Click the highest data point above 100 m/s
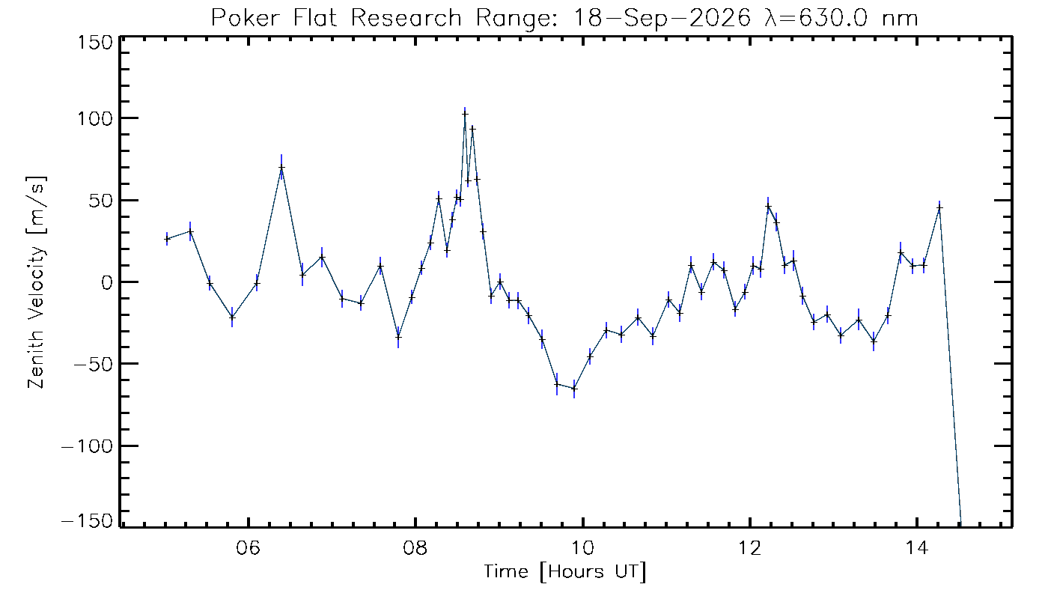[465, 114]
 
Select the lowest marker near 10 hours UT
[574, 389]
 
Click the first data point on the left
[166, 239]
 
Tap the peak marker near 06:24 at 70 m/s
[281, 167]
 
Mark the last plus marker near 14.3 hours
[939, 208]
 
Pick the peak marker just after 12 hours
[768, 206]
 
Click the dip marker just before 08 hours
[398, 336]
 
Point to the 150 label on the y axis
[95, 43]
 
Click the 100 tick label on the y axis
[95, 118]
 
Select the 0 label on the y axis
[107, 283]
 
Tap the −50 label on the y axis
[94, 364]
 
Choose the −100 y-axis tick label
[88, 446]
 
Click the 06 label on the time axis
[248, 547]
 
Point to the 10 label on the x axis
[582, 547]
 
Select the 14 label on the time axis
[916, 547]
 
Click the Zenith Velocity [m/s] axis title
[37, 282]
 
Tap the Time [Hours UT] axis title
[565, 572]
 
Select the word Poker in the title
[246, 18]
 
